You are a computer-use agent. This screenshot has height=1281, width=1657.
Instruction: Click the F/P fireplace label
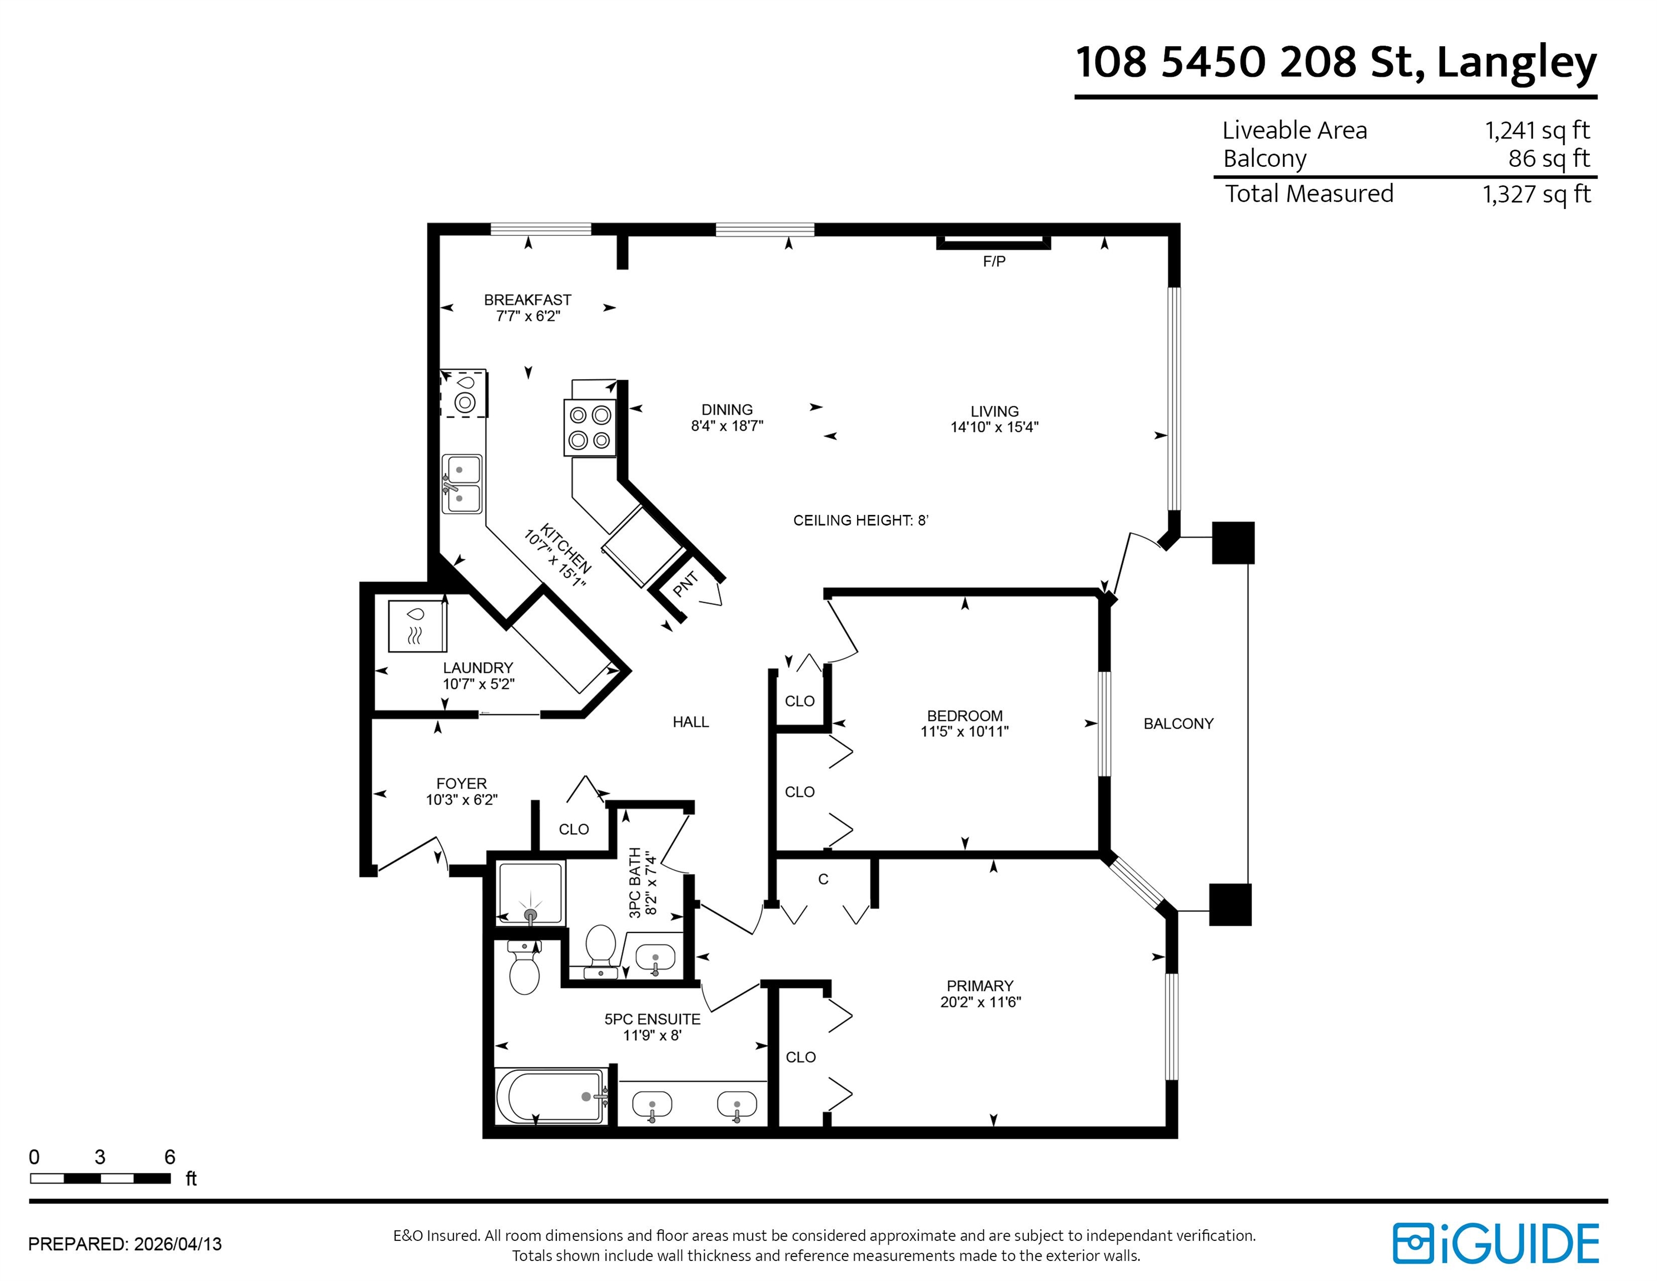(994, 262)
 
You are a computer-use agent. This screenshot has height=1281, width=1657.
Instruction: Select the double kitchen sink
(461, 484)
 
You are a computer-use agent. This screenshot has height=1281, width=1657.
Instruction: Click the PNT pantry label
(685, 584)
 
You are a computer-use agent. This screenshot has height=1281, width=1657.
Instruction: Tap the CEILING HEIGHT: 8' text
(860, 520)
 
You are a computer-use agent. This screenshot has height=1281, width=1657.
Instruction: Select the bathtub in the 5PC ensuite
(551, 1096)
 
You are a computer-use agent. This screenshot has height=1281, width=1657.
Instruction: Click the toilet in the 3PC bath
(600, 944)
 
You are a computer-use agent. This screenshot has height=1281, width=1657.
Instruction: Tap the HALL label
(690, 722)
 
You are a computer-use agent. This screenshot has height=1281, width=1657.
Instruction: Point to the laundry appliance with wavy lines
(416, 625)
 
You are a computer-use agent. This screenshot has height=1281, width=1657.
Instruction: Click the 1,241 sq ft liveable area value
(1536, 131)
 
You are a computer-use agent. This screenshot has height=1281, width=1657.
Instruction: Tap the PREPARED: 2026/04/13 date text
(125, 1244)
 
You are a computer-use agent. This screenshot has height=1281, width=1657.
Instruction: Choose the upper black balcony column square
(1232, 543)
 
